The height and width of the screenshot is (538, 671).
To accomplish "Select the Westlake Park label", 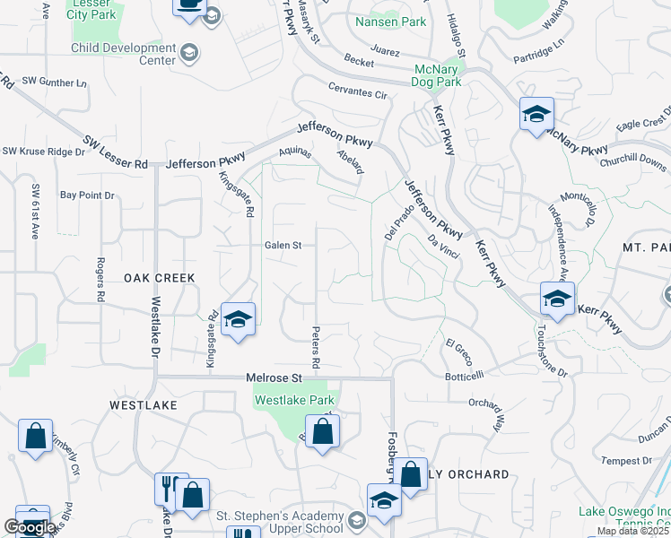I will (295, 400).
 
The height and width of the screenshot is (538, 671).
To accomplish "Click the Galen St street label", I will (288, 244).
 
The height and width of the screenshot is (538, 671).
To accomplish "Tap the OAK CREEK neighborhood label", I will (159, 279).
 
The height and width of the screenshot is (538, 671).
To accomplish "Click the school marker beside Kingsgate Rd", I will (238, 320).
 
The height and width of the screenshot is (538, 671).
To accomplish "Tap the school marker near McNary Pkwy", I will (536, 114).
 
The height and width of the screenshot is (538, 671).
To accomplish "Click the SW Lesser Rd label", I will (116, 152).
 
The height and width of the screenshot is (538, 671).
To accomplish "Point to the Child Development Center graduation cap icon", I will (189, 53).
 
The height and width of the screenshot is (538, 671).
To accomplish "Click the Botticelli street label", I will (465, 376).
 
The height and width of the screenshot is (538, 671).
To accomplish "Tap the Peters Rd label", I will (316, 349).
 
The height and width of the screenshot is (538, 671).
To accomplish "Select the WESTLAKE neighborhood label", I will (144, 405).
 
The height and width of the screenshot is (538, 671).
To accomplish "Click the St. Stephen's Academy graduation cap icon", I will (357, 521).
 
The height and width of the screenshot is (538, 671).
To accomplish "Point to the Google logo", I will (30, 527).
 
